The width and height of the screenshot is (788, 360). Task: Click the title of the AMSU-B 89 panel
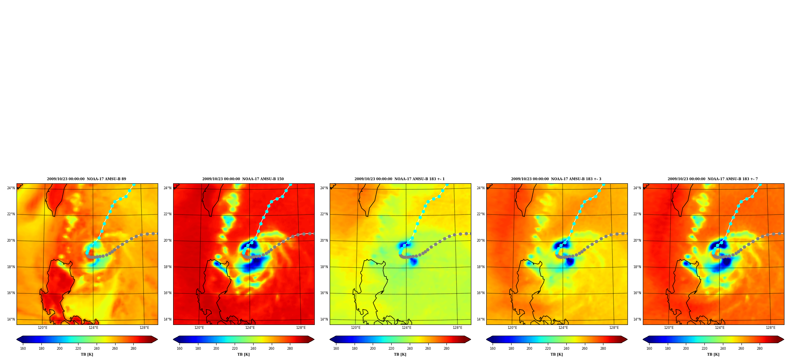tap(86, 179)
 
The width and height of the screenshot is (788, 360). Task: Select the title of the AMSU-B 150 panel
tap(243, 179)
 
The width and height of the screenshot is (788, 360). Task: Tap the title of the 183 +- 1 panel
tap(400, 179)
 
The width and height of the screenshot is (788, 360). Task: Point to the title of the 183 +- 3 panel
tap(556, 179)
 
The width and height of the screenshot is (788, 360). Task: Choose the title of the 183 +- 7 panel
tap(713, 179)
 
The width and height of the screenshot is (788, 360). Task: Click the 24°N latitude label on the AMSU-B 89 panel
tap(11, 188)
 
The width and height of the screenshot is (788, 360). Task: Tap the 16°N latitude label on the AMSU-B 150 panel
tap(167, 293)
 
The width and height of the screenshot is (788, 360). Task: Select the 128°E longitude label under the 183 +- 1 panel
tap(457, 328)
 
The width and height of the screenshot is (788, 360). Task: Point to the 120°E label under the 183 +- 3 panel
tap(512, 328)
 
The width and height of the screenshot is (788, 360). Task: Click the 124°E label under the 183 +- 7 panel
tap(720, 328)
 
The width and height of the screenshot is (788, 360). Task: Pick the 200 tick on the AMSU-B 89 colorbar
tap(60, 349)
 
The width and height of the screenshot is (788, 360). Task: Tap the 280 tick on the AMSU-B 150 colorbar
tap(290, 349)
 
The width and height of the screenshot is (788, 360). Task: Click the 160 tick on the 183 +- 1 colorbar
tap(336, 349)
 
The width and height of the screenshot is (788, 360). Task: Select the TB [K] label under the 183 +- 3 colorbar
tap(556, 354)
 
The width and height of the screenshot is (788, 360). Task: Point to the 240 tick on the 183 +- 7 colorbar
tap(723, 349)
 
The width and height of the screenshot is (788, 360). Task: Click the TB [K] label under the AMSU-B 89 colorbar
tap(87, 354)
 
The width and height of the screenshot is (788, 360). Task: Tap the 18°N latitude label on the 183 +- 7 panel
tap(637, 267)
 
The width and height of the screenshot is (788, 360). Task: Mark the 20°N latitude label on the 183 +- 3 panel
tap(480, 241)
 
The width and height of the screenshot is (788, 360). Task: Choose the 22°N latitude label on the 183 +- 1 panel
tap(324, 214)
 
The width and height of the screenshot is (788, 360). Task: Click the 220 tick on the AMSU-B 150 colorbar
tap(235, 349)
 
